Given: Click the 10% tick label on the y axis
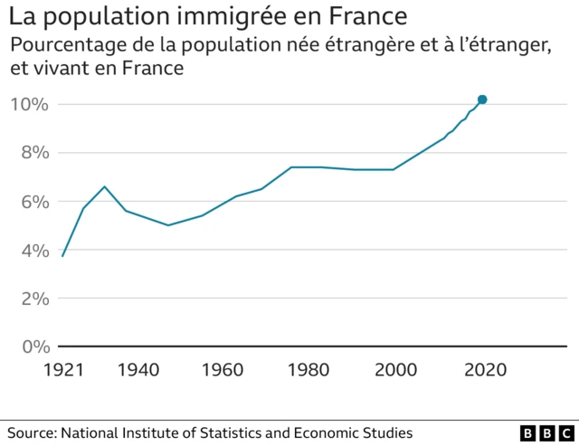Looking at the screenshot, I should click(x=29, y=104).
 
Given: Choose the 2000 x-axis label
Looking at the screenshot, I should click(x=394, y=369).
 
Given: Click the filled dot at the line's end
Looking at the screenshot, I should click(x=482, y=100).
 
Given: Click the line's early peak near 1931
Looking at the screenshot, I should click(x=105, y=186).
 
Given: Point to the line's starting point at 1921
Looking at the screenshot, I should click(x=62, y=256).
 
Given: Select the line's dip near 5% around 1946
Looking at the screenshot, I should click(x=168, y=225).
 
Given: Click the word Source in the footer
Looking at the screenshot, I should click(x=31, y=432).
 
